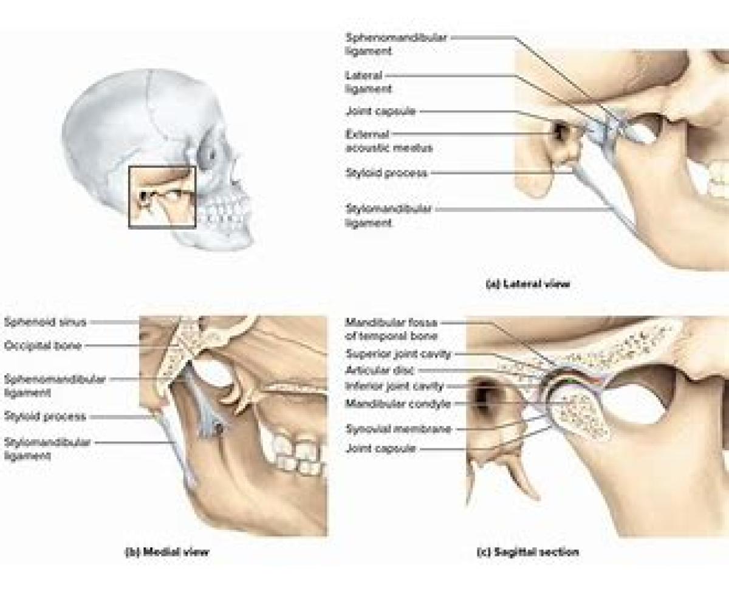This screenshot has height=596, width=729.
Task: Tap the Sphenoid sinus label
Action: pos(45,322)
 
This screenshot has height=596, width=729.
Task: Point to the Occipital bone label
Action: pos(43,346)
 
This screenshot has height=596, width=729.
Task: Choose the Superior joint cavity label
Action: pos(399,354)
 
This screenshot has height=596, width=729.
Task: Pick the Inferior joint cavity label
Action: pos(394,386)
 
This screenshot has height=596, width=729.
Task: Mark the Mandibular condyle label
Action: pos(398,403)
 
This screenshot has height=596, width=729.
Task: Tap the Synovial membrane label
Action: pos(399,429)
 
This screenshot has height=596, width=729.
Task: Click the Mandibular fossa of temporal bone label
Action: pos(391,329)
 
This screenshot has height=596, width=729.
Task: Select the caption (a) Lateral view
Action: pos(529,283)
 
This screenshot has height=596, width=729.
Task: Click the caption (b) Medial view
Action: pos(167,552)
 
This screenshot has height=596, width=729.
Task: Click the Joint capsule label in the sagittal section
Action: pos(380,449)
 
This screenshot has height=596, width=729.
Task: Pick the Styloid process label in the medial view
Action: pos(45,417)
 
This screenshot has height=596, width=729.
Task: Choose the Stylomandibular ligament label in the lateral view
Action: pos(388,216)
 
